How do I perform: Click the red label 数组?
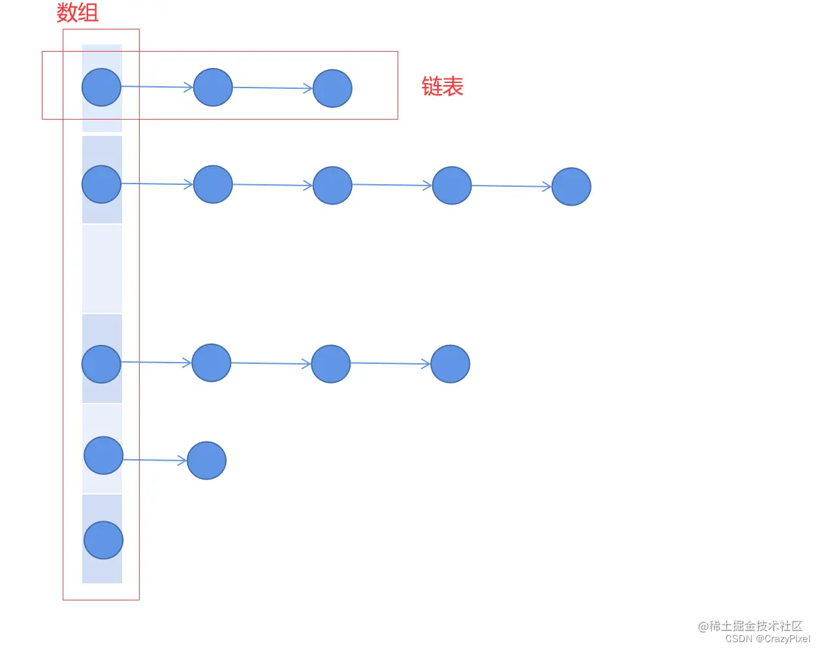pos(77,12)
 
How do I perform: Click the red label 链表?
pos(442,86)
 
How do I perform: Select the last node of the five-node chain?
pos(571,187)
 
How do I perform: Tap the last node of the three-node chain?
pos(332,88)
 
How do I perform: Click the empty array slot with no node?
pos(102,268)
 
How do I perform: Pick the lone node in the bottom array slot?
pos(103,540)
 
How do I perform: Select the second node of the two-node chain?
pos(206,461)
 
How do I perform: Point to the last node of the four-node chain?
pos(450,364)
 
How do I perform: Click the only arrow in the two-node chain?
pos(155,460)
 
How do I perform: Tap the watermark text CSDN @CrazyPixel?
pos(767,639)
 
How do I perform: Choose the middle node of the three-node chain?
pos(213,87)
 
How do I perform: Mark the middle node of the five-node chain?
pos(332,186)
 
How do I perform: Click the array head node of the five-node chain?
pos(101,184)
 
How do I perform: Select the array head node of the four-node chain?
pos(101,364)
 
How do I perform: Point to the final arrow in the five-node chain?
pos(511,186)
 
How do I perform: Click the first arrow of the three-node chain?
pos(157,86)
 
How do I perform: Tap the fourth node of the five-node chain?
pos(452,186)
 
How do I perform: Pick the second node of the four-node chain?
pos(212,363)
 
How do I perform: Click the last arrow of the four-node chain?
pos(390,363)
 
